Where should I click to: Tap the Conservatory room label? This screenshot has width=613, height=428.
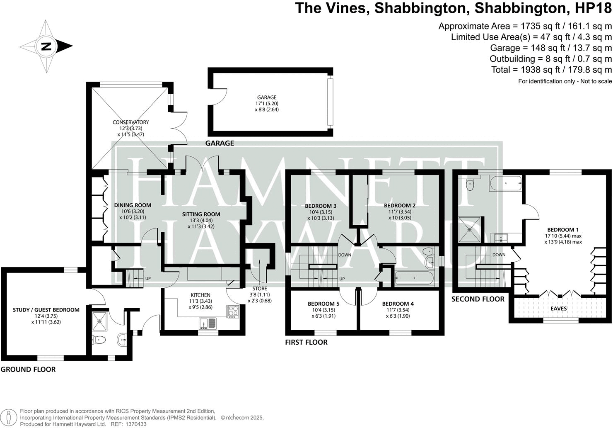131,122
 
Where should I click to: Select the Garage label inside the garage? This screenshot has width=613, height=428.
266,97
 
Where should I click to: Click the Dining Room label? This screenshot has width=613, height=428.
133,205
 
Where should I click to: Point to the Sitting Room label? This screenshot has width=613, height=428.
201,214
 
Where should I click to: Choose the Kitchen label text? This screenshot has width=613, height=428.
200,295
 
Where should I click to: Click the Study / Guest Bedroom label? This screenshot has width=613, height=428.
46,310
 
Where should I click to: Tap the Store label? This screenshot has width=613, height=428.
260,289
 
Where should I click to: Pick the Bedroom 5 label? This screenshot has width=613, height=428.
323,304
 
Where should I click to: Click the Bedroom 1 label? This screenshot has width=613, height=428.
563,230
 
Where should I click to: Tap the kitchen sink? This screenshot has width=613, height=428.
207,322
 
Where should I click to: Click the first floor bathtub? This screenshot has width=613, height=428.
414,278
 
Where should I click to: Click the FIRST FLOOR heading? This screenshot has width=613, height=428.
306,342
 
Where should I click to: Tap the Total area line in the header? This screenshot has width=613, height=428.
551,70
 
